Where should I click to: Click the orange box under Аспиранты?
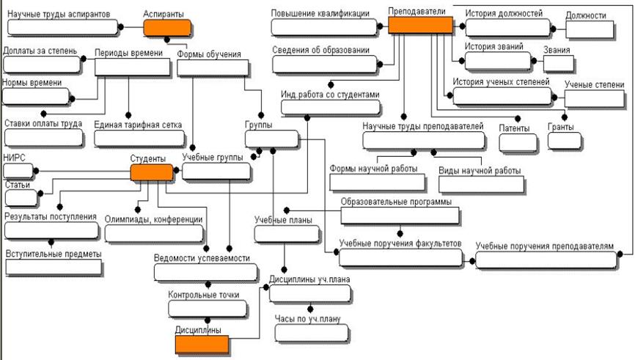168,29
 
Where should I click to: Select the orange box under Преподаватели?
419,26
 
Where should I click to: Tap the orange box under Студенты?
152,173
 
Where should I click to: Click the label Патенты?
514,128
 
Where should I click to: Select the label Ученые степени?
594,84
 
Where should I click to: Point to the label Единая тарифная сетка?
138,125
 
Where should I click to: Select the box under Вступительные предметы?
54,266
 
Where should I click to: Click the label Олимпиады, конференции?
153,218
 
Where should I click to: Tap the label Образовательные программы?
396,202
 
